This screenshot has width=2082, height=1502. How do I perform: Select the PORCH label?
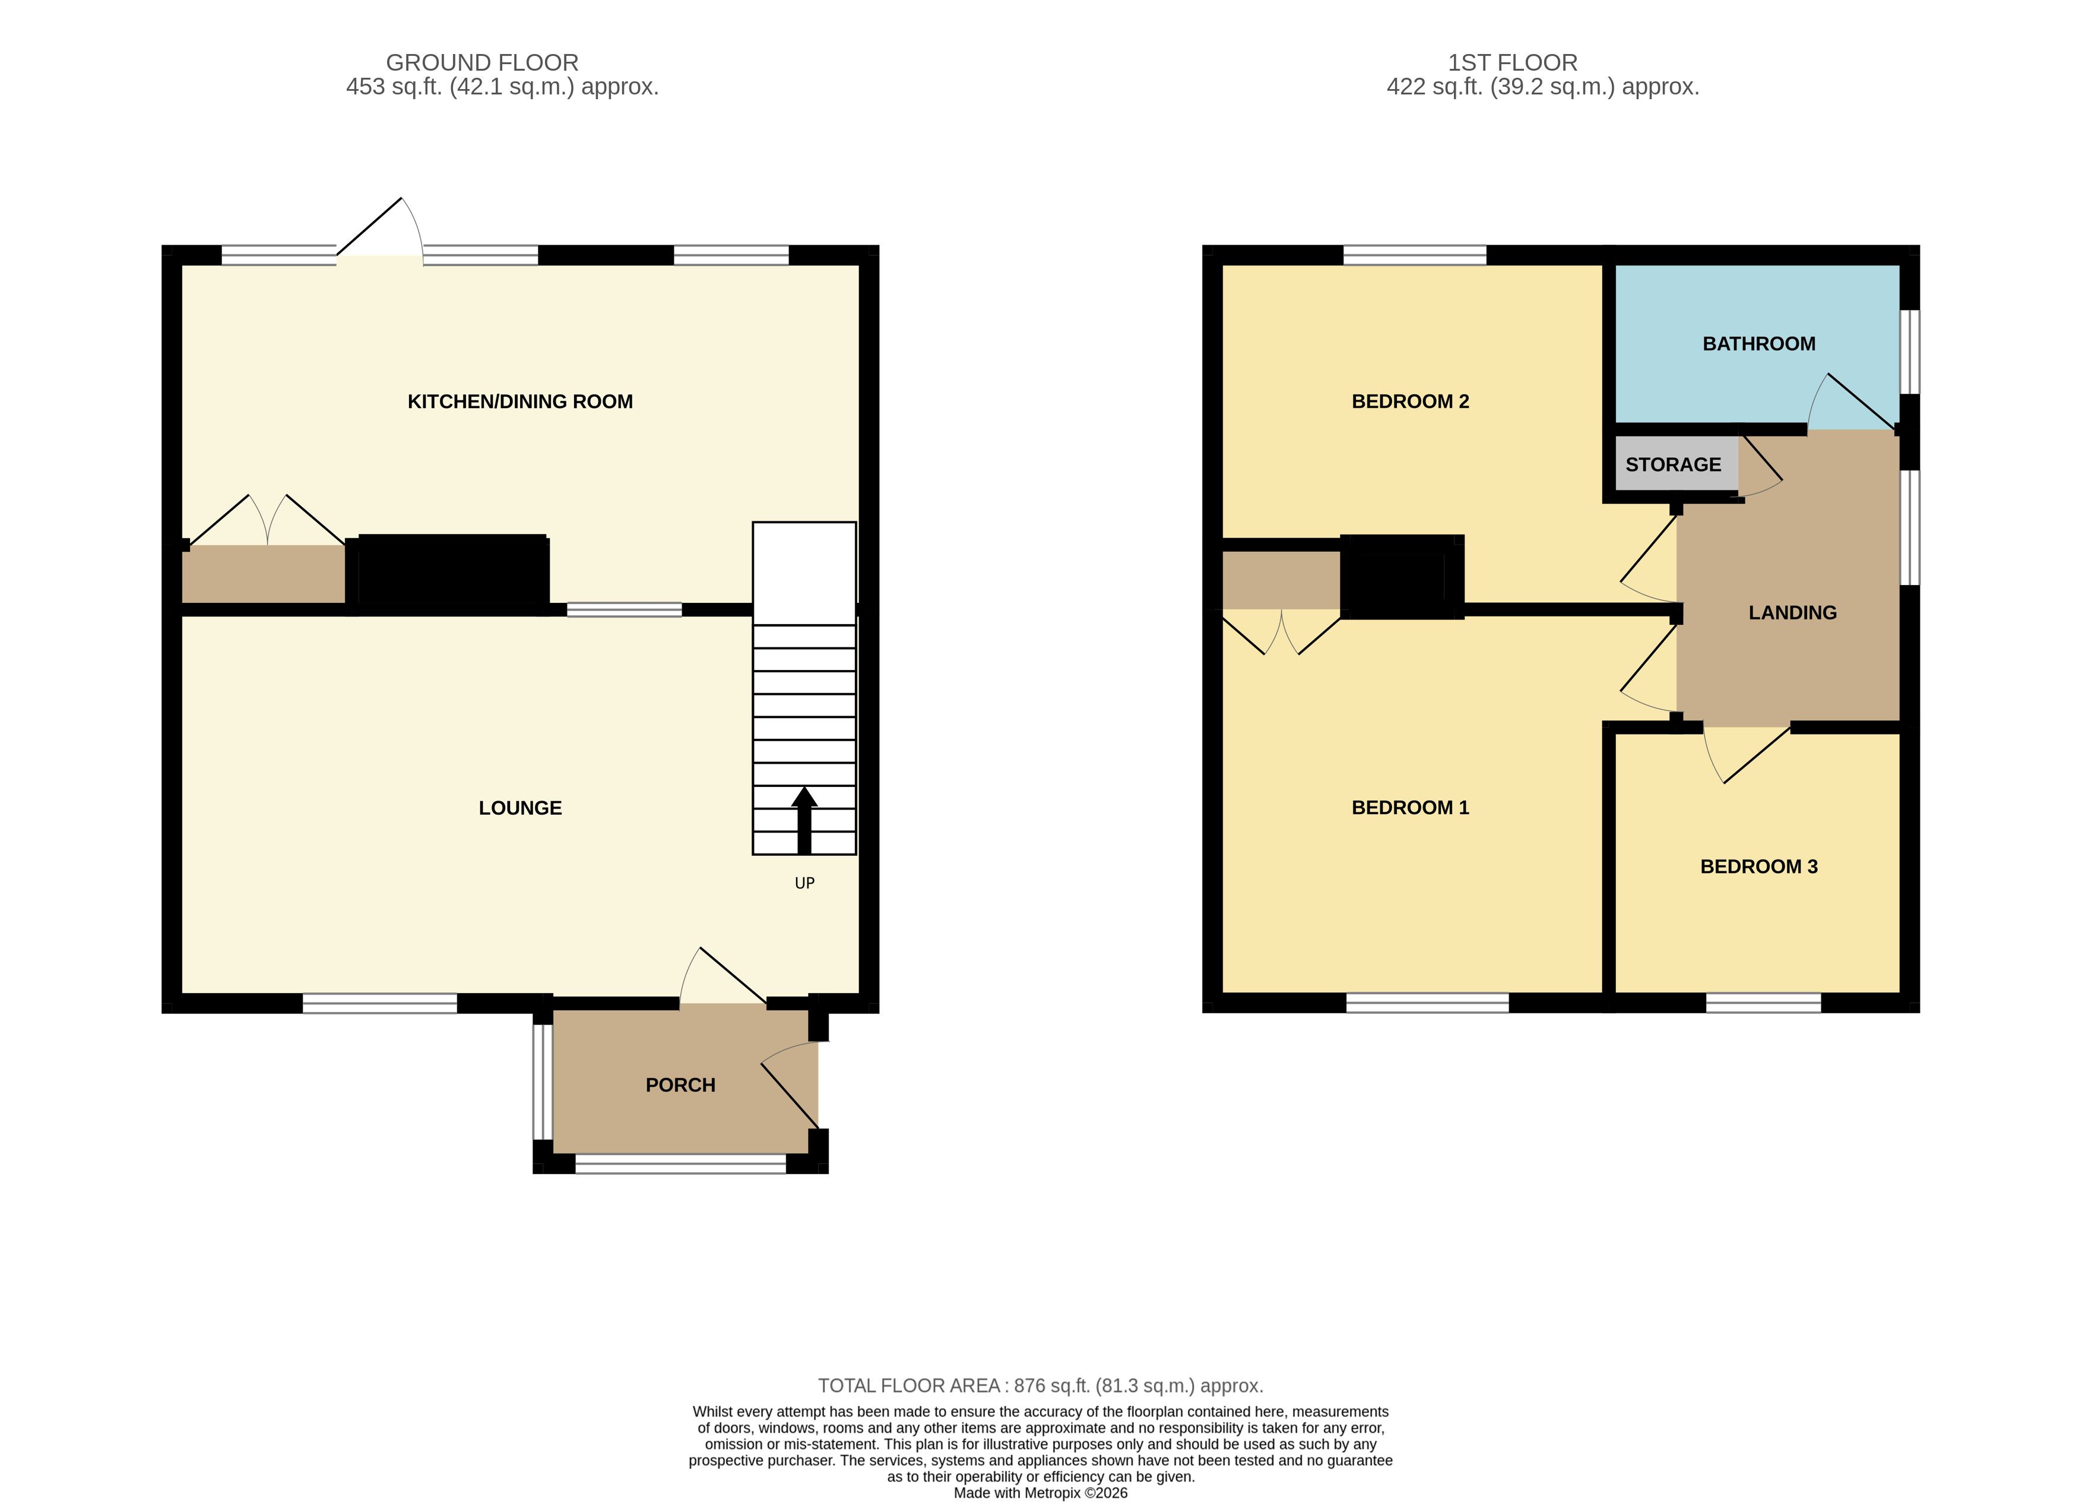coord(680,1085)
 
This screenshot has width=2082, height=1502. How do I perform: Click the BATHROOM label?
coord(1759,343)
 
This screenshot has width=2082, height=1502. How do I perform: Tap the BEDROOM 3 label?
coord(1759,867)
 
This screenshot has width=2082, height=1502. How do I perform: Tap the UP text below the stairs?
coord(804,883)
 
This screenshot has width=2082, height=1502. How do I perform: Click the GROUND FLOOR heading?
coord(482,62)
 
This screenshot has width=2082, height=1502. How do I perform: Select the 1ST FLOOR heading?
coord(1513,62)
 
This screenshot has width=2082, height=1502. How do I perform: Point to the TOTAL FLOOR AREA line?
coord(1041,1386)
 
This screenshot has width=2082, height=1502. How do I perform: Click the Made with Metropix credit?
coord(1041,1493)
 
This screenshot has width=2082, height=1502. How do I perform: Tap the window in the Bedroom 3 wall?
coord(1763,1003)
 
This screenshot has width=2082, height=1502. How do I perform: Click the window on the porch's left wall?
coord(543,1082)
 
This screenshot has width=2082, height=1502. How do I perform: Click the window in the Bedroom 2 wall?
coord(1415,255)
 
